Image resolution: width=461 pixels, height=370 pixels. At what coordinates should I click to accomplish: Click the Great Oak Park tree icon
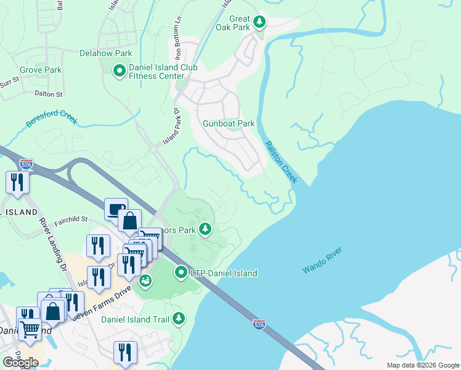tap(259, 22)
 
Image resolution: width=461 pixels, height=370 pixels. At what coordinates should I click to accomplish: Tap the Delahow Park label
tap(106, 54)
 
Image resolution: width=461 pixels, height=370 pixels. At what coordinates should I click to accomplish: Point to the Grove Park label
tap(40, 70)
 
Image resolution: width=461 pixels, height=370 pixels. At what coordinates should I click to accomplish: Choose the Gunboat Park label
tap(229, 123)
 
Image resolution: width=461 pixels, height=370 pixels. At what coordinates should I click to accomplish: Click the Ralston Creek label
tap(282, 162)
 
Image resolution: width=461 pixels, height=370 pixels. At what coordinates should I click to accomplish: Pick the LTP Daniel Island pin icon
tap(181, 272)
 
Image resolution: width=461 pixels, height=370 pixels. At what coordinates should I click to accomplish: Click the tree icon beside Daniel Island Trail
tap(178, 318)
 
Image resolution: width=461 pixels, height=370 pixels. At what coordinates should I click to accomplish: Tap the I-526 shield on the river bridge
tap(259, 323)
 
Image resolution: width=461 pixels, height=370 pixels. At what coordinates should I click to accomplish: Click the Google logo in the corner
tap(20, 363)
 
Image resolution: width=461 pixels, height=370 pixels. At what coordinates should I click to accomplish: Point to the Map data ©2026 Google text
tap(422, 365)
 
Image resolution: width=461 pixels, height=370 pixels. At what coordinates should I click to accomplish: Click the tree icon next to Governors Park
tap(205, 230)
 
